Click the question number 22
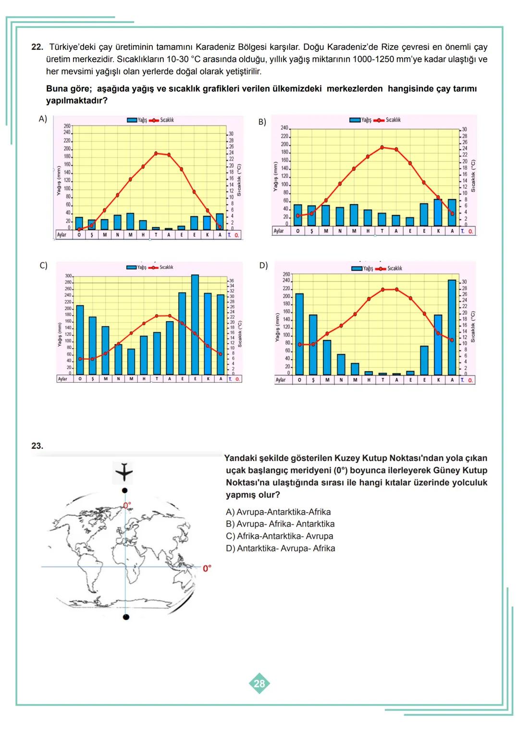pos(37,47)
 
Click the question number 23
pos(37,446)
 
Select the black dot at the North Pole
pos(125,490)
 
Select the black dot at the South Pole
pos(125,616)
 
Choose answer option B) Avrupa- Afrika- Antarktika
pos(280,524)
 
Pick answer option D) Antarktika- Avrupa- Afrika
pos(280,548)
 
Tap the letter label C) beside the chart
pos(43,265)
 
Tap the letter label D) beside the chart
pos(263,265)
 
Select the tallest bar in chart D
pos(452,327)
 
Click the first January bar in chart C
pos(80,339)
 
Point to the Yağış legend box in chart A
pos(132,120)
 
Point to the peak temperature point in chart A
pos(156,153)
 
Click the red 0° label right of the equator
pos(207,568)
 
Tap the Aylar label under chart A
pos(62,235)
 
